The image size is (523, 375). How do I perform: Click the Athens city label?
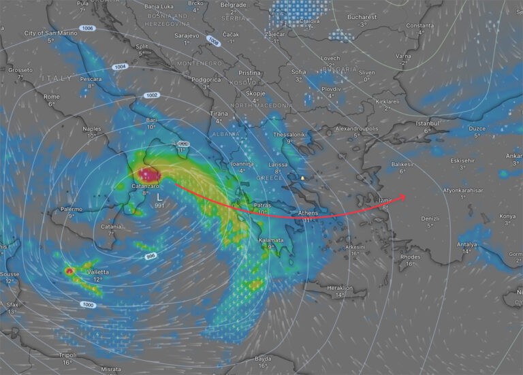(x=308, y=213)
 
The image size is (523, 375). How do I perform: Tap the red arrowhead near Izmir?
(x=402, y=197)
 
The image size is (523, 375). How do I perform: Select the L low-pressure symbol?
(x=159, y=196)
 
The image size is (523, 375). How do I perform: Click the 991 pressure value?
(x=159, y=205)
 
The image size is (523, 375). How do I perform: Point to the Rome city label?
(x=52, y=97)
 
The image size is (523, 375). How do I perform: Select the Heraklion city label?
(x=339, y=287)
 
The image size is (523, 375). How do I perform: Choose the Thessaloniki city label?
(x=290, y=135)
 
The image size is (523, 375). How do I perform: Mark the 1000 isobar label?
(x=88, y=305)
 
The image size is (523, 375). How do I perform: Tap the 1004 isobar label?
(x=120, y=67)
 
